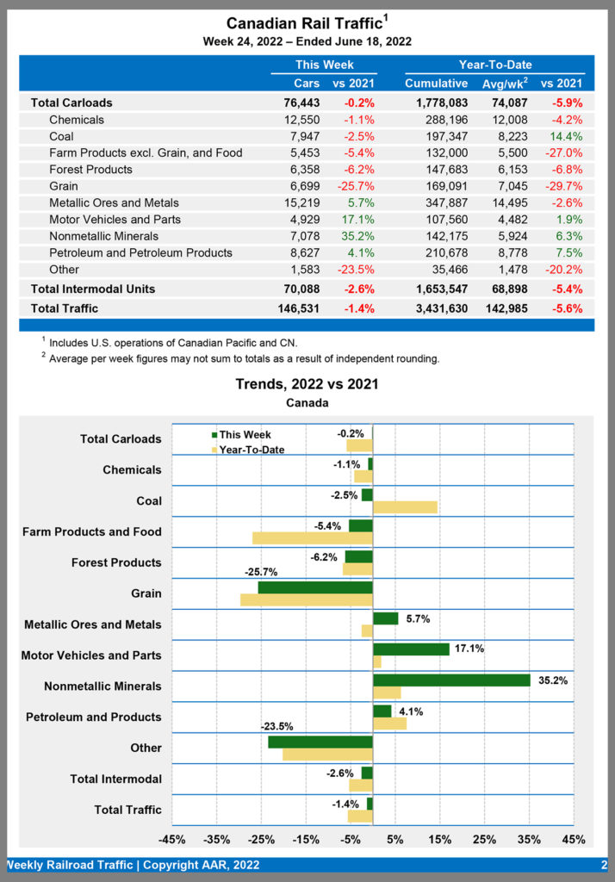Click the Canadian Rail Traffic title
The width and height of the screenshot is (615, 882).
point(304,23)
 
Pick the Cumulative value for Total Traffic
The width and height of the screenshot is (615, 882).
point(436,307)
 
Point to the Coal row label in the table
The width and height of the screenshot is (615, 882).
point(61,136)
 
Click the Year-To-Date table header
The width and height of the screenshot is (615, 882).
point(494,65)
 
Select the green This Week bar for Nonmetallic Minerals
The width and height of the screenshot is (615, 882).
point(451,680)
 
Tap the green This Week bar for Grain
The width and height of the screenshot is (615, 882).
point(315,587)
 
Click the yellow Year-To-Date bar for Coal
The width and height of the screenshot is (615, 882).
point(405,507)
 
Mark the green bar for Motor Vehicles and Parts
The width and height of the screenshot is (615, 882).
point(411,649)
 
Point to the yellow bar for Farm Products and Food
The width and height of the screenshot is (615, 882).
point(312,538)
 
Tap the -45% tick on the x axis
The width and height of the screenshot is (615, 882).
point(172,840)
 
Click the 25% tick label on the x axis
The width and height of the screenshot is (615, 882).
point(484,840)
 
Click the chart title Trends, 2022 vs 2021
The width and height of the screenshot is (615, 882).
point(307,384)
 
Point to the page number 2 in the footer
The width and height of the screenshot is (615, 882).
point(604,865)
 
